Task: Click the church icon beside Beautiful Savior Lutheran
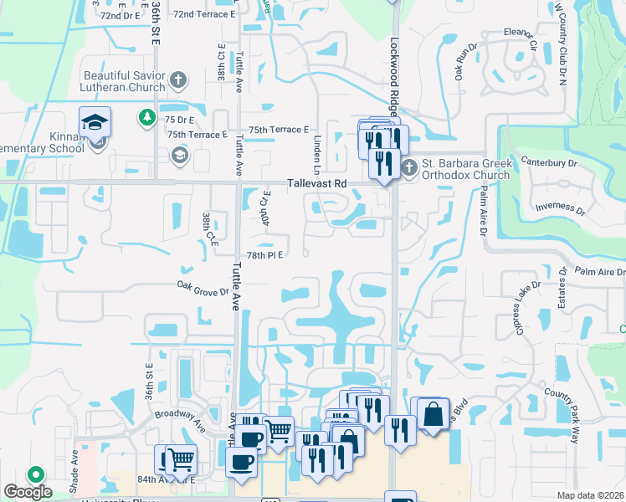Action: (x=177, y=81)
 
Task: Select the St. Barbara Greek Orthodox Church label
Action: (x=466, y=169)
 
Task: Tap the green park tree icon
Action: (x=147, y=116)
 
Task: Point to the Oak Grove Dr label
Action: (x=203, y=287)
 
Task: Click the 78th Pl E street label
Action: (x=267, y=255)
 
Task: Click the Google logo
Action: (x=28, y=493)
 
